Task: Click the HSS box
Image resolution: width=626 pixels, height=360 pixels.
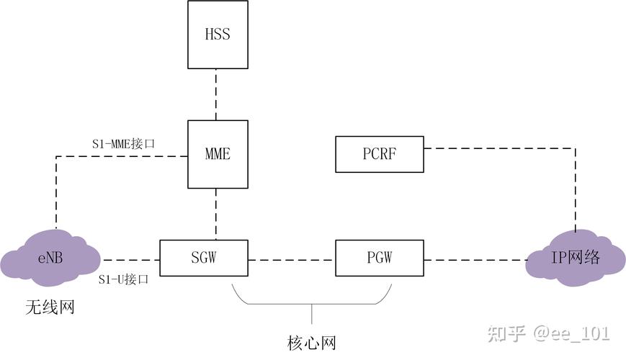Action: [x=218, y=35]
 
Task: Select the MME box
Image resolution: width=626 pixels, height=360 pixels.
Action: [x=218, y=154]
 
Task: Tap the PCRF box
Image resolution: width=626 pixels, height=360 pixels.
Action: [x=380, y=154]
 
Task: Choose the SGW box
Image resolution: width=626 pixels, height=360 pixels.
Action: [x=203, y=258]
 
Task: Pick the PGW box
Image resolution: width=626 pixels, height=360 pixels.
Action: [x=380, y=258]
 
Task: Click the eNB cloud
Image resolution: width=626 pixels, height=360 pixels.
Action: [x=51, y=258]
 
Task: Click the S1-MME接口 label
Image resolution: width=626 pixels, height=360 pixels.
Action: [x=123, y=144]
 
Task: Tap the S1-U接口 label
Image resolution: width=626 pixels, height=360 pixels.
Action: [x=123, y=279]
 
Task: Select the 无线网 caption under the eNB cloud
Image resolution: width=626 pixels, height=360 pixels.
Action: [x=50, y=308]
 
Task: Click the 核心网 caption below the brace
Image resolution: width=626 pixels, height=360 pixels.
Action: [x=311, y=342]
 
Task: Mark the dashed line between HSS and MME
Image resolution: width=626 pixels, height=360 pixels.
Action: [x=217, y=94]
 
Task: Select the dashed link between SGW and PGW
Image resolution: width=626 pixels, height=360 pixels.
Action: [x=292, y=258]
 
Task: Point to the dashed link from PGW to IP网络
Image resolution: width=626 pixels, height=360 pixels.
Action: [x=475, y=258]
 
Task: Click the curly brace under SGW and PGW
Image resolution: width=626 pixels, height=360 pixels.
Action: [x=311, y=302]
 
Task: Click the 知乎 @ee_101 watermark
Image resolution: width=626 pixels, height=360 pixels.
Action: [x=548, y=333]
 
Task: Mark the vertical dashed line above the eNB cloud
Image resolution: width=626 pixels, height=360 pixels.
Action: [x=56, y=191]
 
